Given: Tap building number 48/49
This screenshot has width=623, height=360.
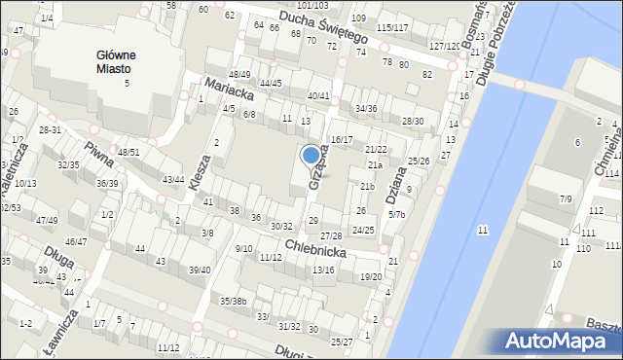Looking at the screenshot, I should (x=239, y=75).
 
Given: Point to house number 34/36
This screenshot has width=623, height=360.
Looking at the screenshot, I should (x=366, y=108).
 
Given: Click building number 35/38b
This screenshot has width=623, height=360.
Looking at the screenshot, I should (x=233, y=301).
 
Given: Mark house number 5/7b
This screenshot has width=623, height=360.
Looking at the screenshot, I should (x=396, y=213).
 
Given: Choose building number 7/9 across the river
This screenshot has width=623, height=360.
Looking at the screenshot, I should (x=566, y=198).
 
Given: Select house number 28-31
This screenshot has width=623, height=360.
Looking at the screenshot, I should (x=50, y=130).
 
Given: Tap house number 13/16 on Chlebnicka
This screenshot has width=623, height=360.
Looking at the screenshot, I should (x=323, y=270).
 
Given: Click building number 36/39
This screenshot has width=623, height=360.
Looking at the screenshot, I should (x=107, y=183).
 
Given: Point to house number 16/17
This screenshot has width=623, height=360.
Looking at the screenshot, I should (x=342, y=140).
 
